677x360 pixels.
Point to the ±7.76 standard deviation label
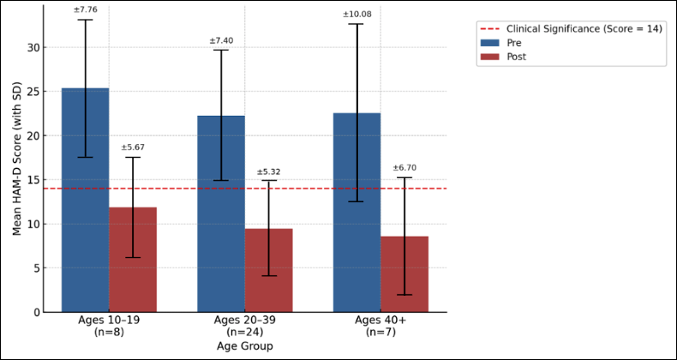tap(85, 9)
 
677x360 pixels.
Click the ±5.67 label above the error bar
tap(133, 147)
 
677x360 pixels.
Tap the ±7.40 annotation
tap(221, 40)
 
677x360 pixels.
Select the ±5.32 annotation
tap(268, 171)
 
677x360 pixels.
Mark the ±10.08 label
tap(356, 15)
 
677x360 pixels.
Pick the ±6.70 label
tap(404, 168)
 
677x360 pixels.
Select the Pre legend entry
tap(514, 42)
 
